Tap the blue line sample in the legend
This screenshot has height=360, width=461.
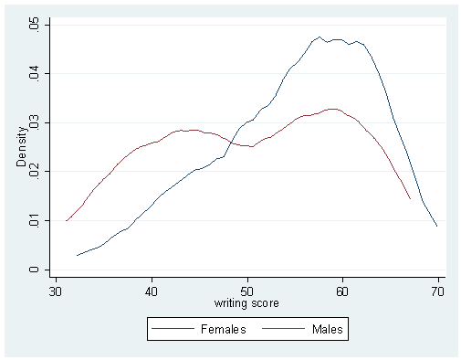[x=177, y=326]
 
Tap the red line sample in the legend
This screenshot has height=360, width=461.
[x=284, y=326]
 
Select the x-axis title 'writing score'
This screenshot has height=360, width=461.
[x=246, y=302]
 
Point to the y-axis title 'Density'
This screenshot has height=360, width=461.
[x=21, y=146]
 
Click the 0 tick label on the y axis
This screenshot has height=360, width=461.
[x=35, y=270]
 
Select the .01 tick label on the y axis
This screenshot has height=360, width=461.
[x=34, y=220]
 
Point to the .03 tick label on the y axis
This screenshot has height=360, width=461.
[x=34, y=122]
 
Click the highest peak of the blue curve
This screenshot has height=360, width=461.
[x=320, y=37]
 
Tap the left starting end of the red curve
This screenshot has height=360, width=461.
[x=66, y=220]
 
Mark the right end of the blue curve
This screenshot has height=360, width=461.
[x=437, y=226]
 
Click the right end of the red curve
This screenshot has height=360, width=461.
[x=410, y=198]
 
